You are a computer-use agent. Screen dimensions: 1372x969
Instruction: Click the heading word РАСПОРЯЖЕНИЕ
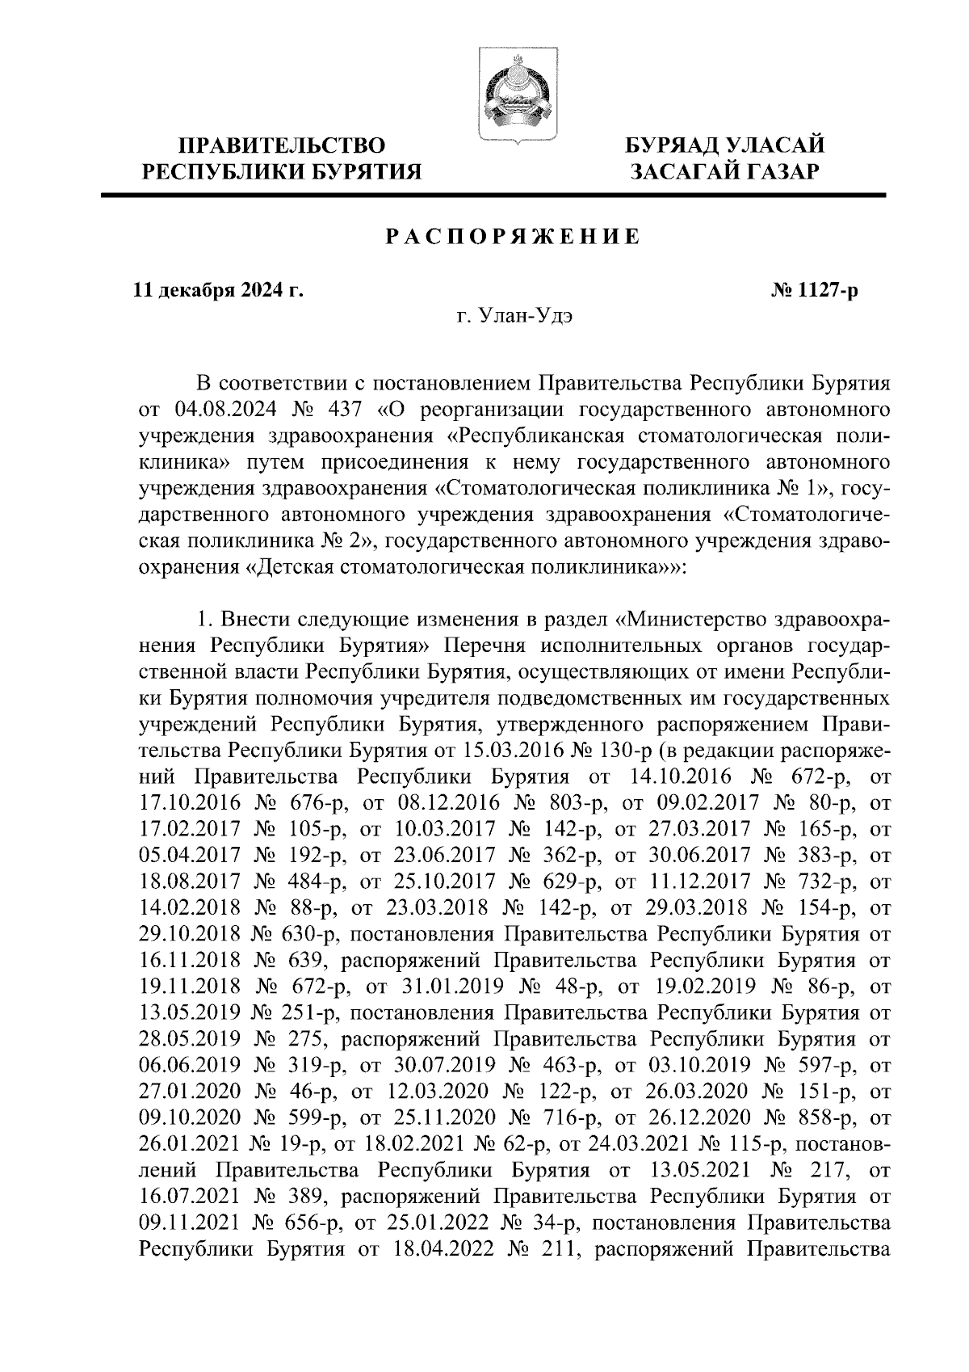tap(514, 237)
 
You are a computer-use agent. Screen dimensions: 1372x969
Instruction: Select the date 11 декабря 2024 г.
tap(218, 290)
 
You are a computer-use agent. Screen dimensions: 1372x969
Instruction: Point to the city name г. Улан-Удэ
tap(514, 317)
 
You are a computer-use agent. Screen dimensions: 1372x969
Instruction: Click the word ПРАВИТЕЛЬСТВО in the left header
tap(283, 145)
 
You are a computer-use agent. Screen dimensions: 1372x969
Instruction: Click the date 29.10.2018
tap(190, 934)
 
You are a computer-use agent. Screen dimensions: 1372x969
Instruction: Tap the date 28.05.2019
tap(190, 1039)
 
